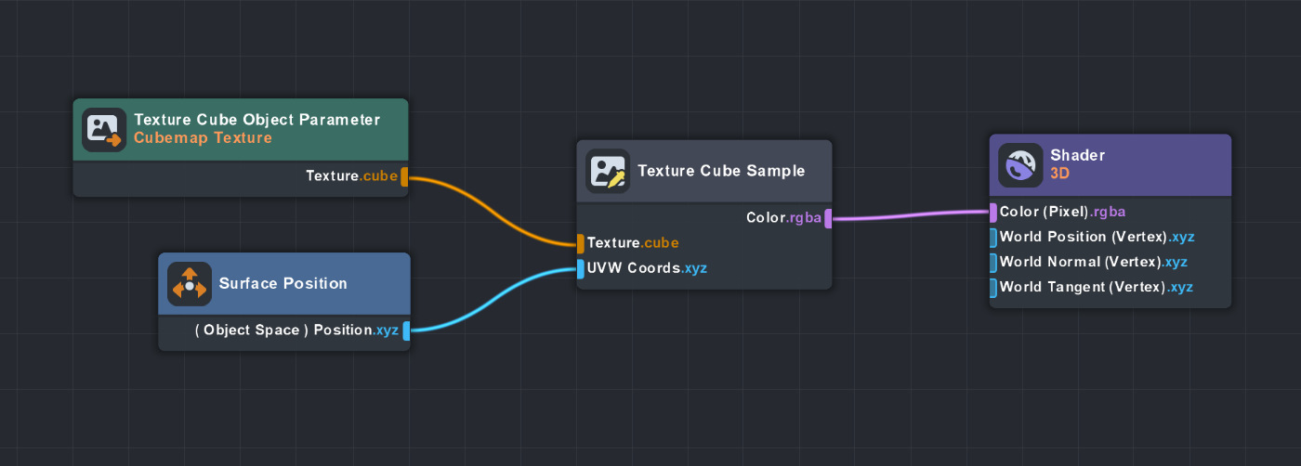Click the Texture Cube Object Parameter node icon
tap(103, 130)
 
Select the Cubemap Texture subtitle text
tap(203, 138)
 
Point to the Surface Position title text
tap(283, 283)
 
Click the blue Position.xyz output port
tap(406, 330)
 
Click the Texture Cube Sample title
tap(721, 171)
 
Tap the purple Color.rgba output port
tap(826, 219)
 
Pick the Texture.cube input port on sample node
tap(581, 243)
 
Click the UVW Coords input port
tap(581, 269)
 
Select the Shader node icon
tap(1020, 165)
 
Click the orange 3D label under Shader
tap(1059, 173)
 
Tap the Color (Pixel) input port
tap(993, 213)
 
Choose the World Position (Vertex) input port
tap(993, 238)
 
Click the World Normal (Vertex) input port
tap(993, 263)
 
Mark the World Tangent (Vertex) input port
tap(993, 288)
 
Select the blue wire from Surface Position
tap(493, 299)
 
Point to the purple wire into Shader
tap(911, 215)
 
